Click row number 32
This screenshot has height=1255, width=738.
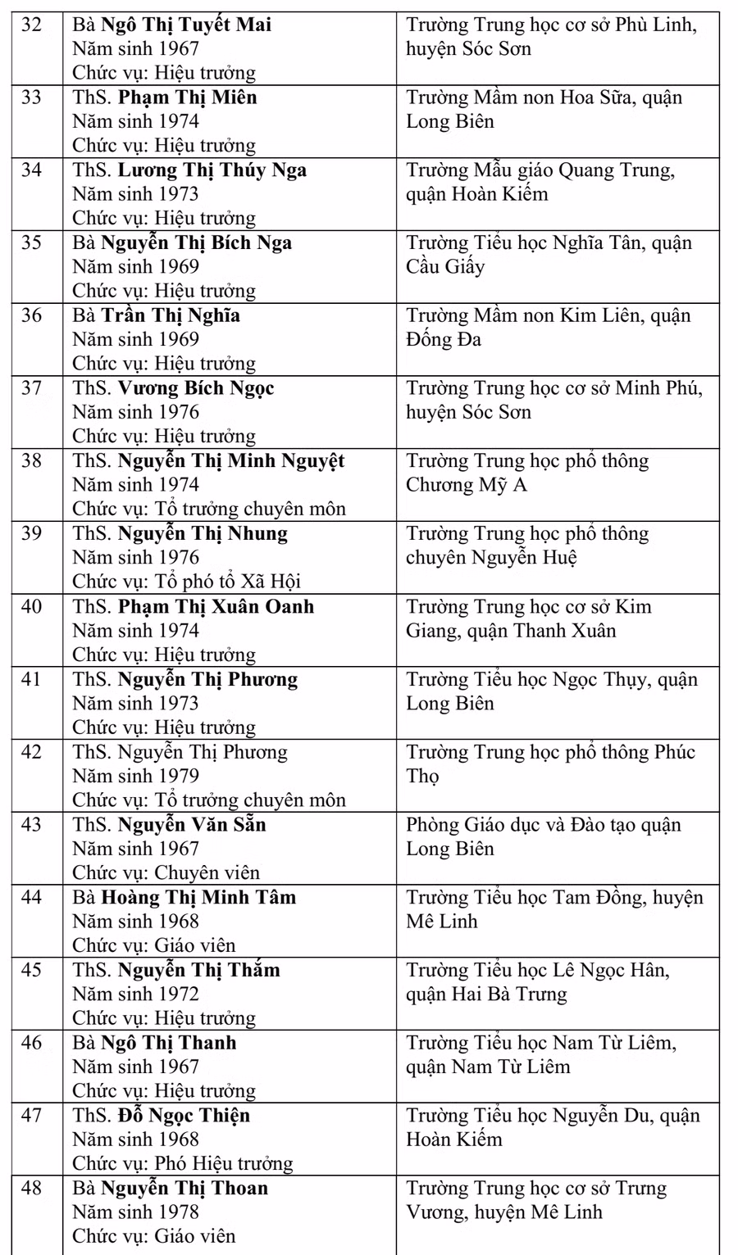(x=31, y=25)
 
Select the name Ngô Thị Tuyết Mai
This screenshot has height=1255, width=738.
(x=186, y=25)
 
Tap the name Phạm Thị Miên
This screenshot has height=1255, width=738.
(x=188, y=97)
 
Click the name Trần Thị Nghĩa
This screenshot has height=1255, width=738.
(x=171, y=315)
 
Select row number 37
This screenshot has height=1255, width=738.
(x=31, y=388)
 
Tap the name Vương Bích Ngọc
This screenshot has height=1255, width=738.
(x=196, y=388)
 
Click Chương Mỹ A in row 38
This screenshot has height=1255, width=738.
(x=467, y=485)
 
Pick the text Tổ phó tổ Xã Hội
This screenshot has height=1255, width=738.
(x=229, y=582)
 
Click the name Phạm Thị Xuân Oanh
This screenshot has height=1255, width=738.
(x=216, y=607)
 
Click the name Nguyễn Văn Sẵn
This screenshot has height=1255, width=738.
(x=192, y=825)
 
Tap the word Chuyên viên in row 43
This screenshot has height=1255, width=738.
(x=207, y=872)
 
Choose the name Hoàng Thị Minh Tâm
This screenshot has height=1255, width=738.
(x=198, y=898)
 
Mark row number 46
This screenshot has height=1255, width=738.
(x=31, y=1043)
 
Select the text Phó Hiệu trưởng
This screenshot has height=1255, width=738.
(x=224, y=1163)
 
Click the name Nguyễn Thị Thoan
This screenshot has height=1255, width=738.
(x=184, y=1189)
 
